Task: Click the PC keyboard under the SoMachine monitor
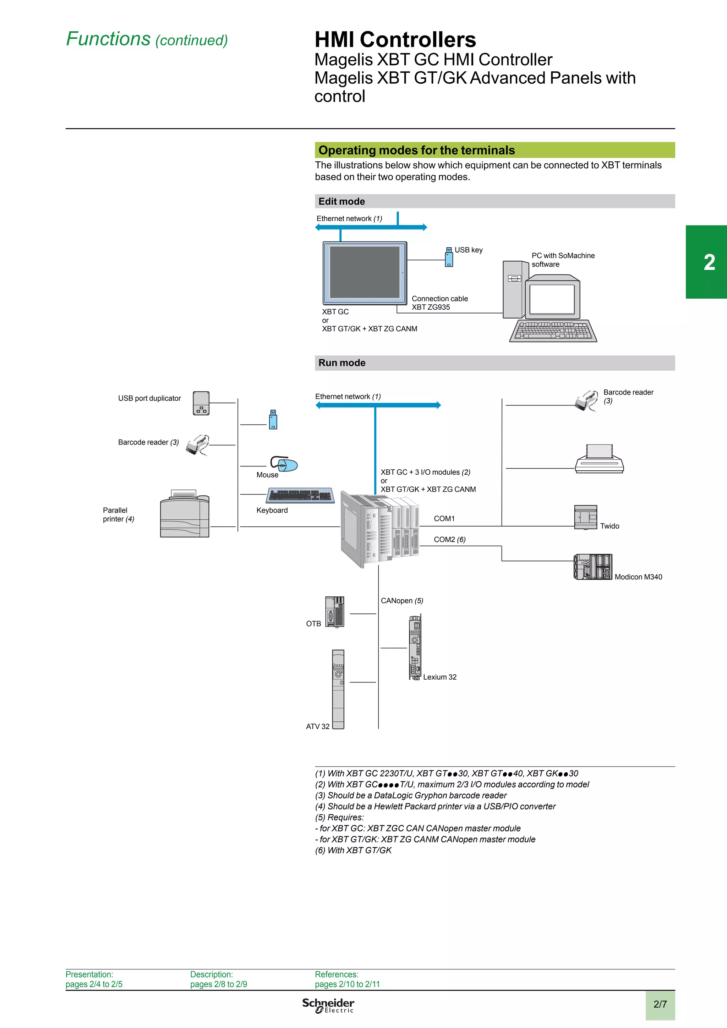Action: pos(553,331)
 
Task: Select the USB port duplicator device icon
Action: pos(201,403)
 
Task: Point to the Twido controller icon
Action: pos(585,517)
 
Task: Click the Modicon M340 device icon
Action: pos(592,567)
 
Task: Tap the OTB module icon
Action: pos(335,612)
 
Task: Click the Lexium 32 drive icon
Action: pos(415,647)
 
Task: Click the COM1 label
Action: pos(444,519)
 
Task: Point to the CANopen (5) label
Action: pos(402,601)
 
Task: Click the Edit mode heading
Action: pos(342,201)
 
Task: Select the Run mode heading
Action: pos(342,363)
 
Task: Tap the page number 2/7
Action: pos(660,1004)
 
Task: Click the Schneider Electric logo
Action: pos(328,1005)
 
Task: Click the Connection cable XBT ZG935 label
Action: pos(439,303)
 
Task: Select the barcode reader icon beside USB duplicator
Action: pos(197,445)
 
